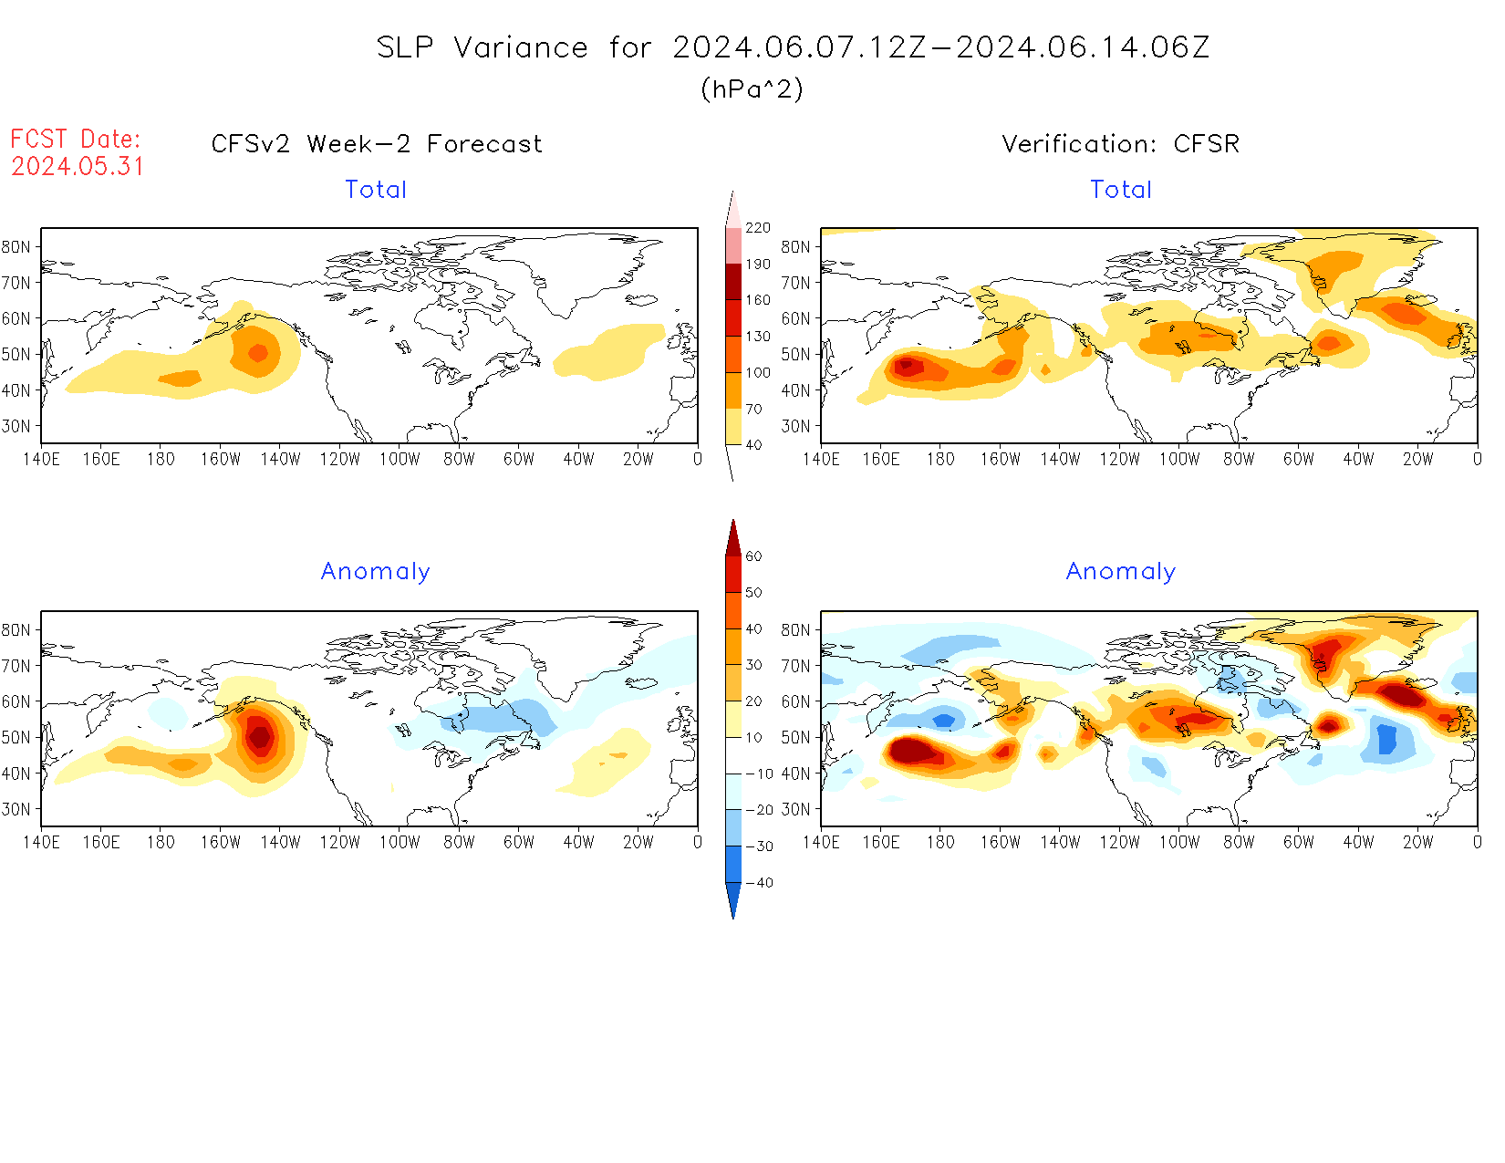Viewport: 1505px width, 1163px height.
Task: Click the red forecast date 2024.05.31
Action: pyautogui.click(x=78, y=167)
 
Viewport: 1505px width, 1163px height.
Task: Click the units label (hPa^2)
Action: pyautogui.click(x=752, y=88)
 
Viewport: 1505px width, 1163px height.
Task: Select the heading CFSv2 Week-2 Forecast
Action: pyautogui.click(x=376, y=144)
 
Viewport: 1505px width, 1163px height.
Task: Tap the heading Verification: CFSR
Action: pyautogui.click(x=1120, y=144)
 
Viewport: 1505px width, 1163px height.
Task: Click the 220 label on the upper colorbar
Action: pyautogui.click(x=758, y=228)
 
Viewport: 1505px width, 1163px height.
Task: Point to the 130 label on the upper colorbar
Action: pyautogui.click(x=758, y=337)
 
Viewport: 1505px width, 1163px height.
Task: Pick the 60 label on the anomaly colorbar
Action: pyautogui.click(x=753, y=556)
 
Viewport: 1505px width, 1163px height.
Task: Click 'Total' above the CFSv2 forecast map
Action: pyautogui.click(x=376, y=190)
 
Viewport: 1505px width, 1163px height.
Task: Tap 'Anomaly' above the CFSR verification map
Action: pyautogui.click(x=1120, y=572)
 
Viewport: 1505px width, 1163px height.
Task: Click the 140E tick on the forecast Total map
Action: pyautogui.click(x=41, y=460)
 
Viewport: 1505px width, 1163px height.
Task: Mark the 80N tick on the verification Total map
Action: pyautogui.click(x=795, y=247)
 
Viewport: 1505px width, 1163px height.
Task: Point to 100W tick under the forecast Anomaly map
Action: pyautogui.click(x=400, y=843)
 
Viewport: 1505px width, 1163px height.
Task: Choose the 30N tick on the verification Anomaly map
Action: pyautogui.click(x=795, y=809)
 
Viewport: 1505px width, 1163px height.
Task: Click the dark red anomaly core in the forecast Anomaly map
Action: pyautogui.click(x=260, y=735)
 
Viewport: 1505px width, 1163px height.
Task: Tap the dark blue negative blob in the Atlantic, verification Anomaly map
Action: pyautogui.click(x=1387, y=738)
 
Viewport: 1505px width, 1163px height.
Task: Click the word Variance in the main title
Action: pyautogui.click(x=521, y=47)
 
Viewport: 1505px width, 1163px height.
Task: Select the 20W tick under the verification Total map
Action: pyautogui.click(x=1417, y=460)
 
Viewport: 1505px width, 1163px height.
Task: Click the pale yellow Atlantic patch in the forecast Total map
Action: pyautogui.click(x=609, y=350)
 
